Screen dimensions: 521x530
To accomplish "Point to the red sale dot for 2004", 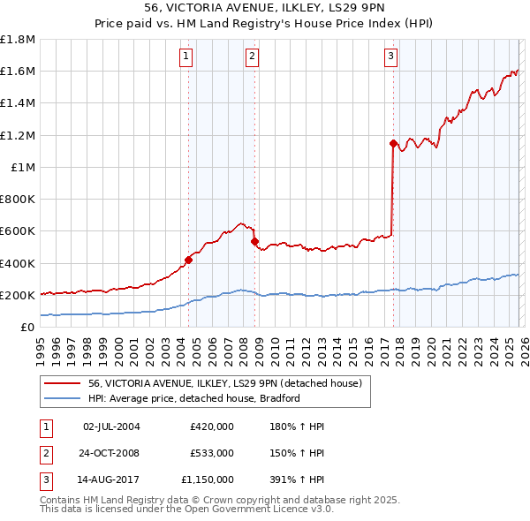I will pyautogui.click(x=188, y=260).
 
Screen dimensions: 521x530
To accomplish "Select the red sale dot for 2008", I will pyautogui.click(x=255, y=241).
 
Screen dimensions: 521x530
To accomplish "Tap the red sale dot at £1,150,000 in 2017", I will pyautogui.click(x=392, y=142).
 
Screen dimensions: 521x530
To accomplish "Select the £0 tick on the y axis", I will pyautogui.click(x=28, y=327).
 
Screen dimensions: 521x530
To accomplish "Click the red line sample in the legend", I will pyautogui.click(x=62, y=384).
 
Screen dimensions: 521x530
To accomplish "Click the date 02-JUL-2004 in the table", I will pyautogui.click(x=111, y=427).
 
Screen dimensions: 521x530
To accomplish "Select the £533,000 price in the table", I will pyautogui.click(x=212, y=453).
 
